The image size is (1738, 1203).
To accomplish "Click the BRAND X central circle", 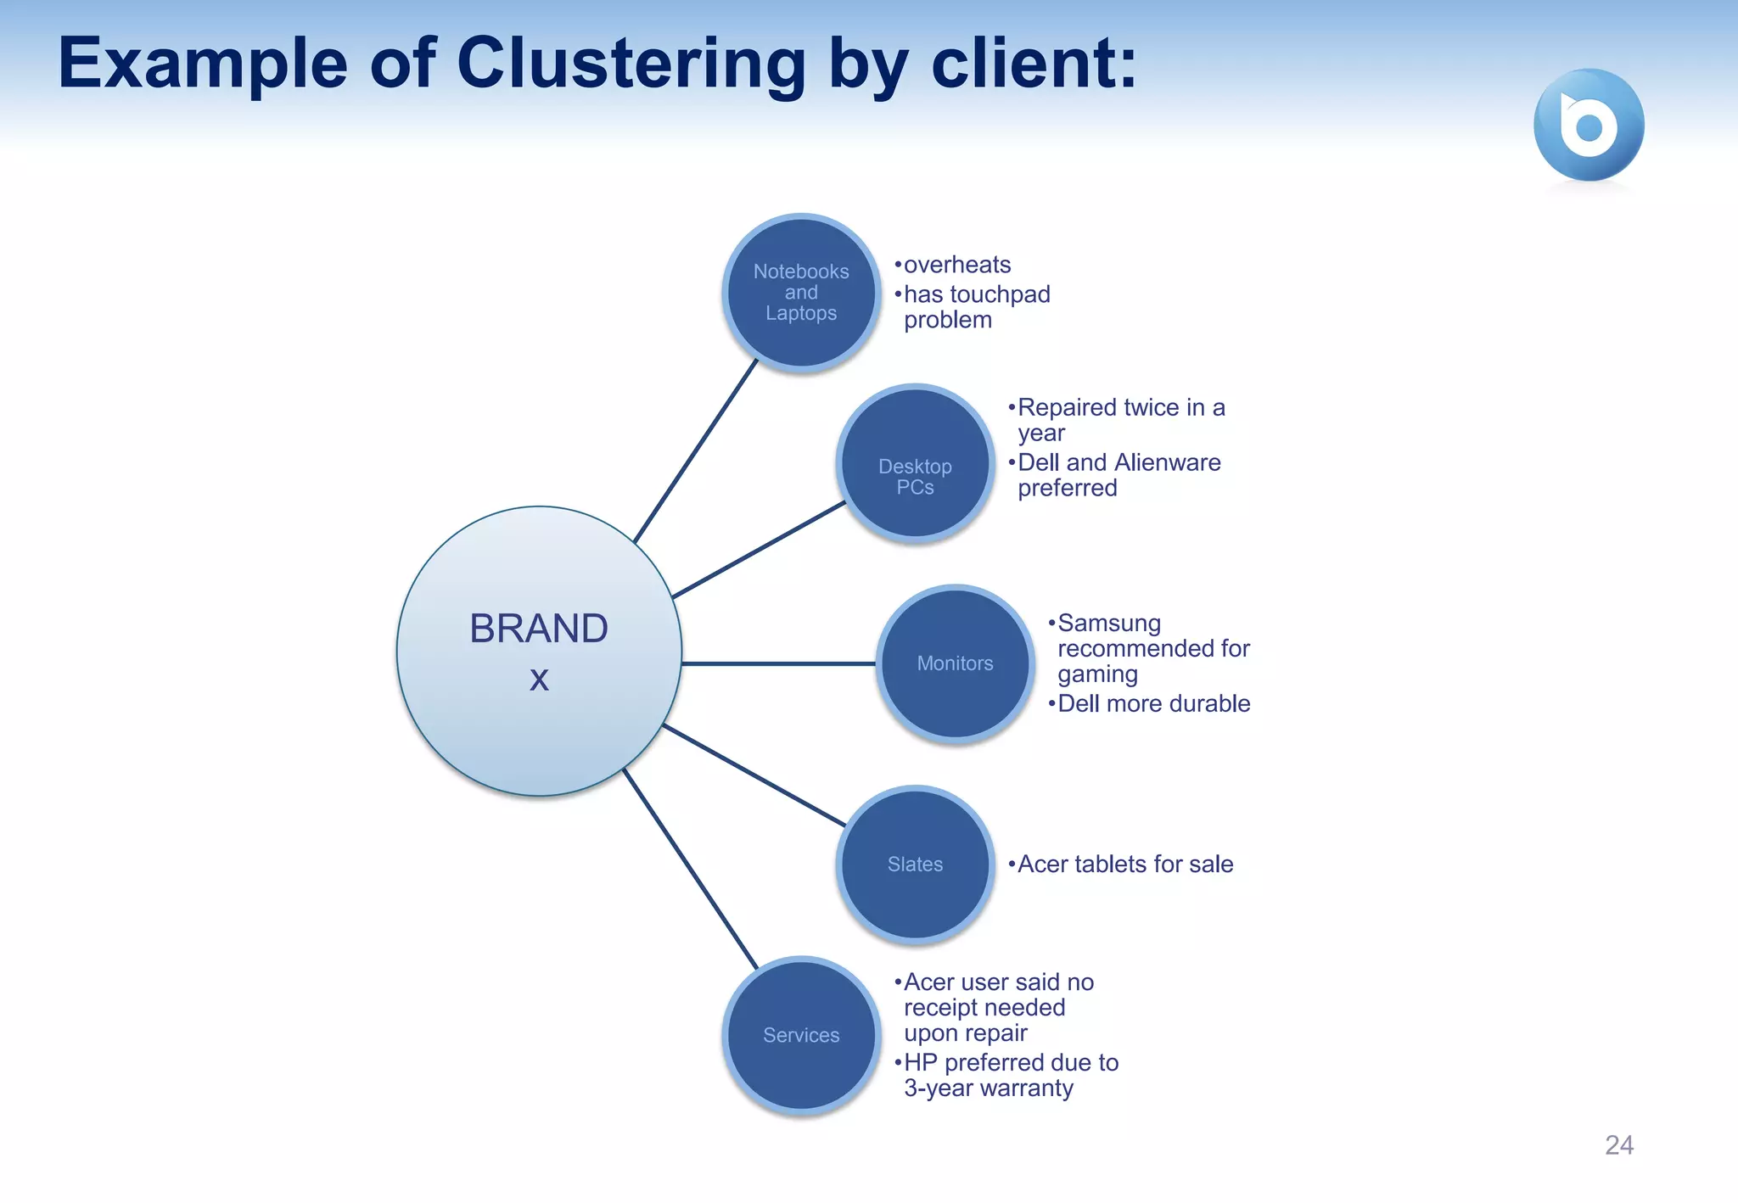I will tap(539, 652).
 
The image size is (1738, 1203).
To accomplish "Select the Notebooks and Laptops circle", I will tap(801, 292).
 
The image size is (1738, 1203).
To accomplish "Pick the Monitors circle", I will tap(955, 663).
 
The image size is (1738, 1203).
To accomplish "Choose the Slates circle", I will tap(915, 864).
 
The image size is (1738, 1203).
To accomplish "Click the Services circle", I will tap(801, 1035).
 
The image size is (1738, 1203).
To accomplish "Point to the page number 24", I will tap(1618, 1145).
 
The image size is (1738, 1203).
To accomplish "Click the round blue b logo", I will tap(1589, 125).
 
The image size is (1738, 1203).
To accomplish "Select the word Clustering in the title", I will tap(631, 64).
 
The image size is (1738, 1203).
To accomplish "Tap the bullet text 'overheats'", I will tap(957, 265).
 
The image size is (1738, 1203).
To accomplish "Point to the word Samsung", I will tap(1109, 623).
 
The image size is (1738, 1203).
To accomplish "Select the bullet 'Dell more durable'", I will tap(1153, 703).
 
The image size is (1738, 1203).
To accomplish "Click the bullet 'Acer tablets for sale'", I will tap(1124, 864).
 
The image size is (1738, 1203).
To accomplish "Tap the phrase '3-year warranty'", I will tap(989, 1088).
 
